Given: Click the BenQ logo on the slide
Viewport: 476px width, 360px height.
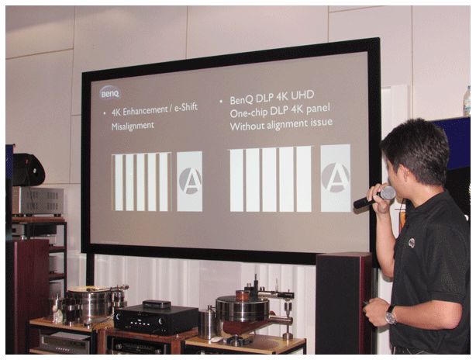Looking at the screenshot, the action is (111, 94).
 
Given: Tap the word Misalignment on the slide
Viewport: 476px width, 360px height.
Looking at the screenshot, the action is (133, 126).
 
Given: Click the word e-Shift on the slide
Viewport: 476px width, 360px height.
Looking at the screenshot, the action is (186, 108).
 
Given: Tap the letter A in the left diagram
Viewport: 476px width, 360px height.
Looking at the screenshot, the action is (191, 181).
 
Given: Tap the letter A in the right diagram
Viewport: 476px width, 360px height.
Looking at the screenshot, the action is (336, 178).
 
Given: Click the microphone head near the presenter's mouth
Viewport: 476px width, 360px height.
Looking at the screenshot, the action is (388, 193).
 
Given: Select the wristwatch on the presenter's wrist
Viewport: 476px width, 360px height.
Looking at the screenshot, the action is (390, 315).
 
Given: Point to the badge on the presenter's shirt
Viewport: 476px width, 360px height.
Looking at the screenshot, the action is (412, 243).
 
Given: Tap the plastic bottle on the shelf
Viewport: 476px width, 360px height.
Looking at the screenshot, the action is (467, 101).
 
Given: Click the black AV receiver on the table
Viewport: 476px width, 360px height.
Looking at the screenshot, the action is (156, 320).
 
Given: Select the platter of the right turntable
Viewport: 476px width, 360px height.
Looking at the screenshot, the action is (242, 308).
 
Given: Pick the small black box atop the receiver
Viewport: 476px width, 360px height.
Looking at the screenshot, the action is (157, 304).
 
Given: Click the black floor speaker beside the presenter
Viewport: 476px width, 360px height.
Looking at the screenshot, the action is (344, 303).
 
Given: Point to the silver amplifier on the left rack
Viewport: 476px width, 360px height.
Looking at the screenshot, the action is (38, 201).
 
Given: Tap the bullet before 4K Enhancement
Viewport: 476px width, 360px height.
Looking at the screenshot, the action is (105, 113).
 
